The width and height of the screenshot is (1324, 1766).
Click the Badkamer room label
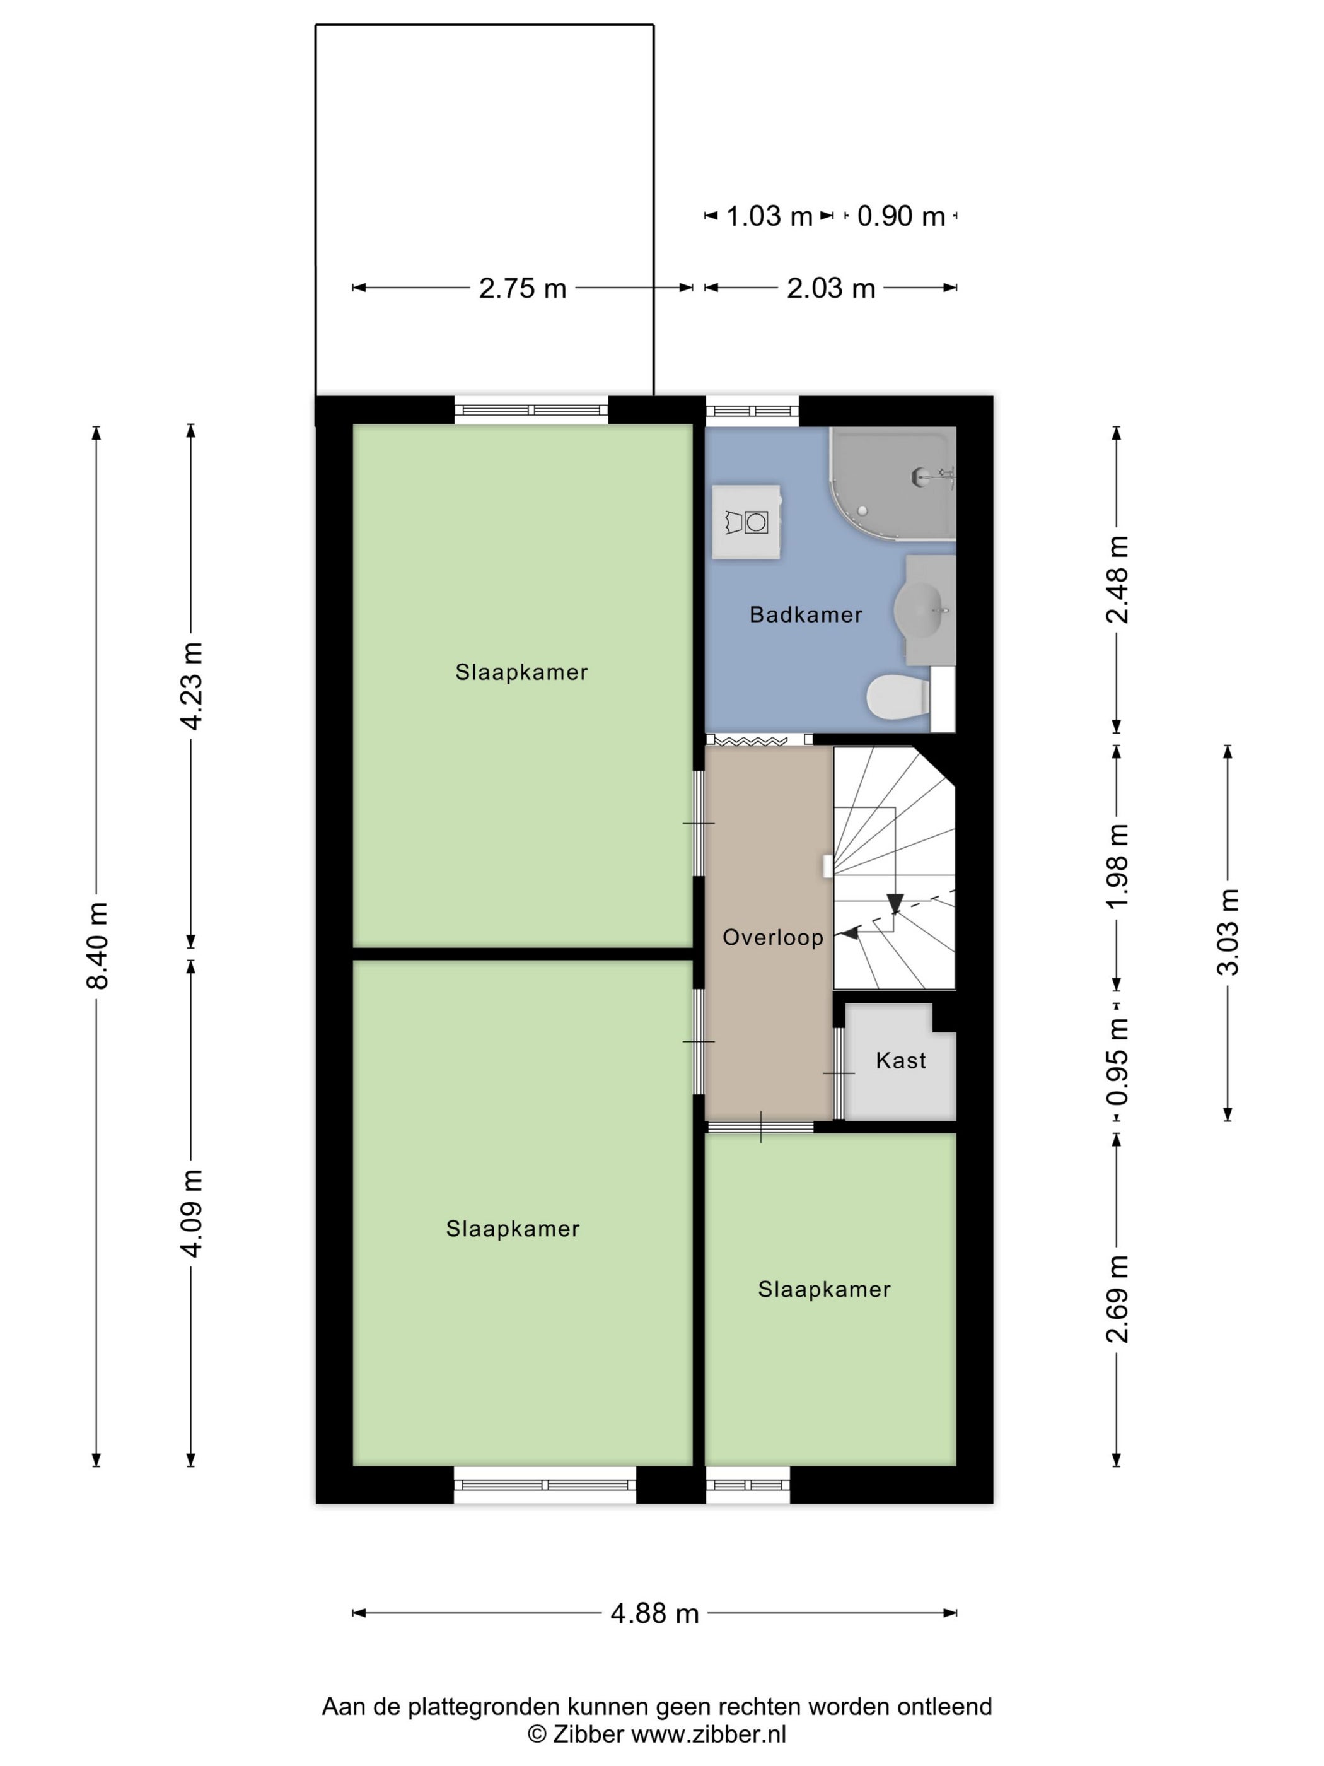pyautogui.click(x=805, y=615)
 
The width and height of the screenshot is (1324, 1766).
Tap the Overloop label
pyautogui.click(x=772, y=937)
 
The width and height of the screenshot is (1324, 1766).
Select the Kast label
pyautogui.click(x=901, y=1060)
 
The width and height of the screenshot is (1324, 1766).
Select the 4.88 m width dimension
pyautogui.click(x=654, y=1613)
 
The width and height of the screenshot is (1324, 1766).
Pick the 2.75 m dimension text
pyautogui.click(x=522, y=288)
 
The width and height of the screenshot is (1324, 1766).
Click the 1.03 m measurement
pyautogui.click(x=769, y=216)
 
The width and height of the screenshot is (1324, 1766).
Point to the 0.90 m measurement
pyautogui.click(x=901, y=216)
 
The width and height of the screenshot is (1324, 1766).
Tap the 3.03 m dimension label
pyautogui.click(x=1228, y=932)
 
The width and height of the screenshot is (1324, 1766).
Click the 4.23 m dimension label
pyautogui.click(x=192, y=686)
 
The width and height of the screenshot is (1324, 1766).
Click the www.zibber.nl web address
pyautogui.click(x=709, y=1734)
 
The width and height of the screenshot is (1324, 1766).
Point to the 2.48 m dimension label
pyautogui.click(x=1117, y=580)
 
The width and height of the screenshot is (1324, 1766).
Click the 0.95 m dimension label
pyautogui.click(x=1117, y=1061)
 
